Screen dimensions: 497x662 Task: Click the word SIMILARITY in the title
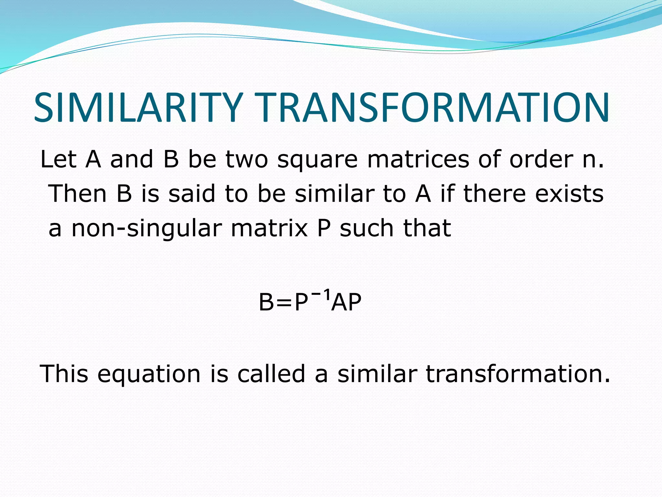138,108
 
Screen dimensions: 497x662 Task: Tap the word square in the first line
317,160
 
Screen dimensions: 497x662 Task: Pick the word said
192,193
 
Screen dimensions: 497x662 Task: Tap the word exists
569,193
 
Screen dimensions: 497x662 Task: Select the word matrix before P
269,228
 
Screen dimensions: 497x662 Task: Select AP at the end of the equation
346,302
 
